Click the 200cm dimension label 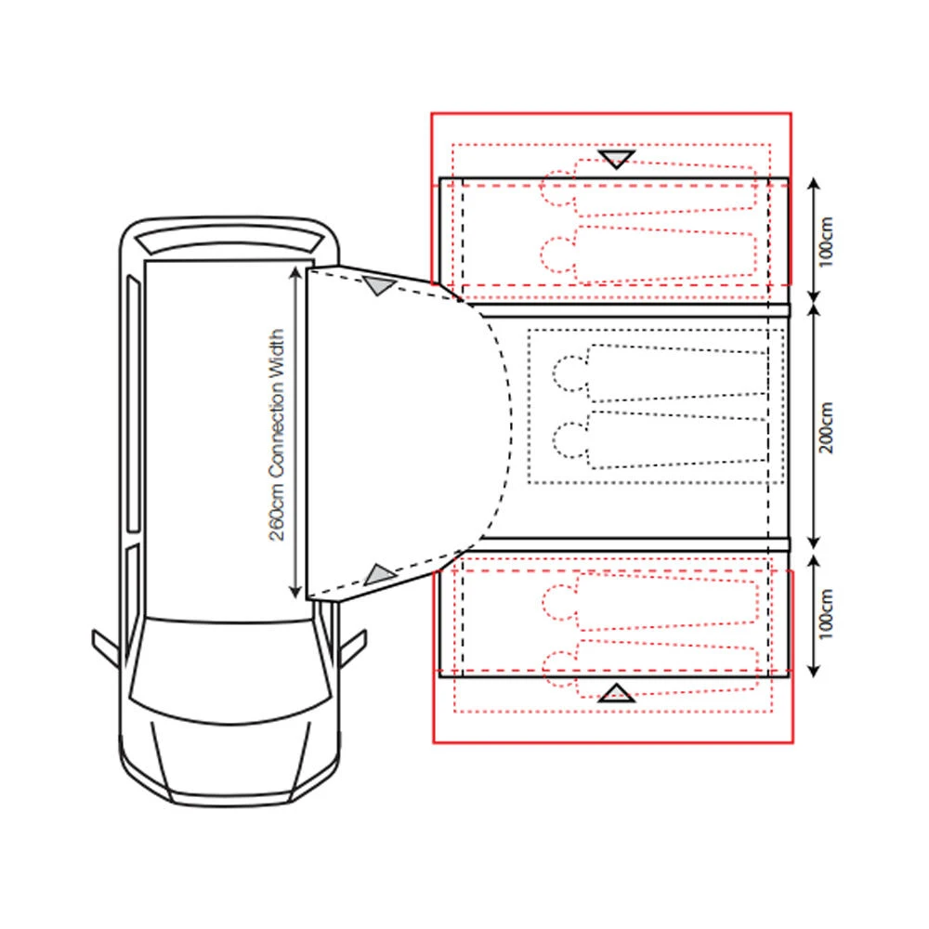click(827, 427)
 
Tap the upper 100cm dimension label click(827, 242)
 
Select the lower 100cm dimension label click(827, 614)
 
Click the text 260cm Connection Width click(277, 435)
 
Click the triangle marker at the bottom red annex click(616, 693)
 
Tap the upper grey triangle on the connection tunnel click(379, 285)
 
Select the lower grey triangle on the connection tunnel click(380, 574)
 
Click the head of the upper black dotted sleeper click(570, 373)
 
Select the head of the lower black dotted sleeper click(570, 439)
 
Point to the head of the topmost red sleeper click(557, 188)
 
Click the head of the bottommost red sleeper click(560, 669)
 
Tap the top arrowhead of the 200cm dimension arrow click(814, 310)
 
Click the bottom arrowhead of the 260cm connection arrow click(295, 592)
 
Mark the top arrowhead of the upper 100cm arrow click(814, 183)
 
